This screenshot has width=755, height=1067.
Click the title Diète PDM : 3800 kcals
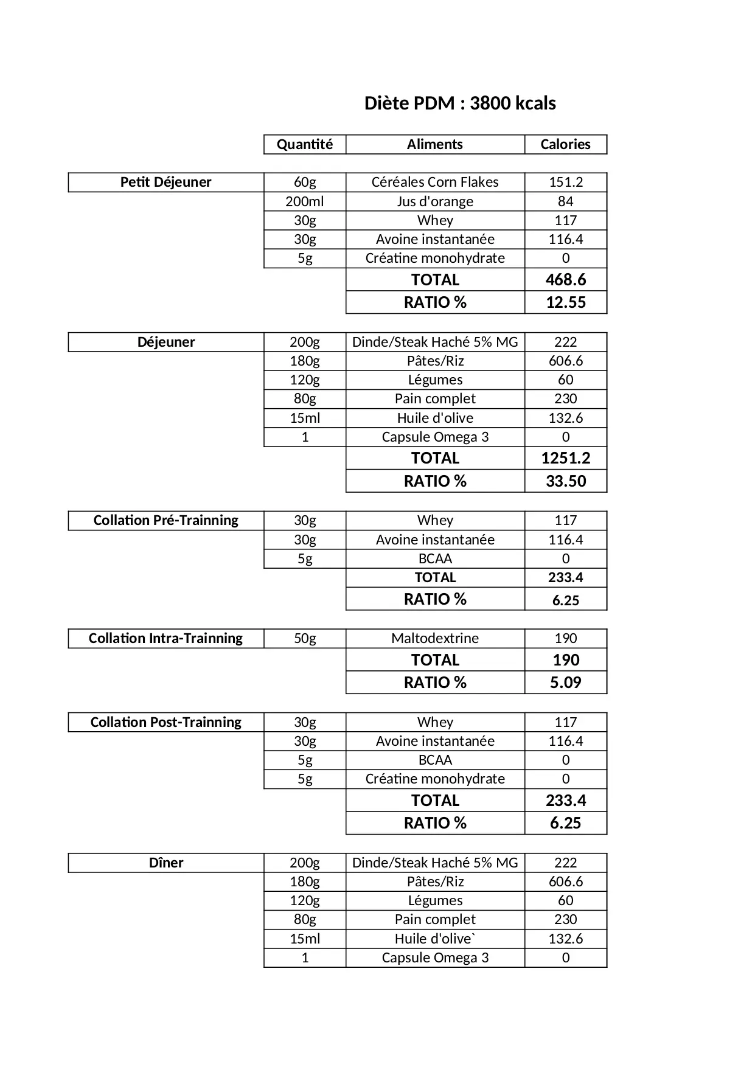[x=459, y=103]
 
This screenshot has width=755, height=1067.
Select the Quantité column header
[x=305, y=144]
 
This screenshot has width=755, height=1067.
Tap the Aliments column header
[x=435, y=144]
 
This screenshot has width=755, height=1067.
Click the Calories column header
[x=565, y=144]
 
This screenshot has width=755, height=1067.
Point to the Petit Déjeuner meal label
[x=165, y=182]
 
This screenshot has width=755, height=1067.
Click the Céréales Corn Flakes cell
[x=435, y=182]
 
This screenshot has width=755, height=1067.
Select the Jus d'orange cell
[x=435, y=201]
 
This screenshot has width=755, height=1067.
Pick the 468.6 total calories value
[x=565, y=280]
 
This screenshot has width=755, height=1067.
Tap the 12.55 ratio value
[x=565, y=302]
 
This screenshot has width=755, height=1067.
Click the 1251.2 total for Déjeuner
[x=565, y=458]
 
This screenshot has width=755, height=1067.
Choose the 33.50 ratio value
[x=565, y=481]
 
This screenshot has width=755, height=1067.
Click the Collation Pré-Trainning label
[x=165, y=520]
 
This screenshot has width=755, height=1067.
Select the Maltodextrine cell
[x=435, y=638]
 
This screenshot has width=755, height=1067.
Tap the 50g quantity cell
[x=305, y=638]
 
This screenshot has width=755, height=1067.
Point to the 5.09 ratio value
[x=565, y=683]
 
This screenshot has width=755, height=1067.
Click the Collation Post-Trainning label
[x=165, y=722]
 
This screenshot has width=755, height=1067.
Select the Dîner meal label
[x=165, y=863]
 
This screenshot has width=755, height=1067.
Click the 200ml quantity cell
[x=305, y=201]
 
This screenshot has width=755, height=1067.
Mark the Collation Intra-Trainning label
[x=165, y=638]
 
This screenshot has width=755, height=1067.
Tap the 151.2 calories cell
[x=565, y=182]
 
